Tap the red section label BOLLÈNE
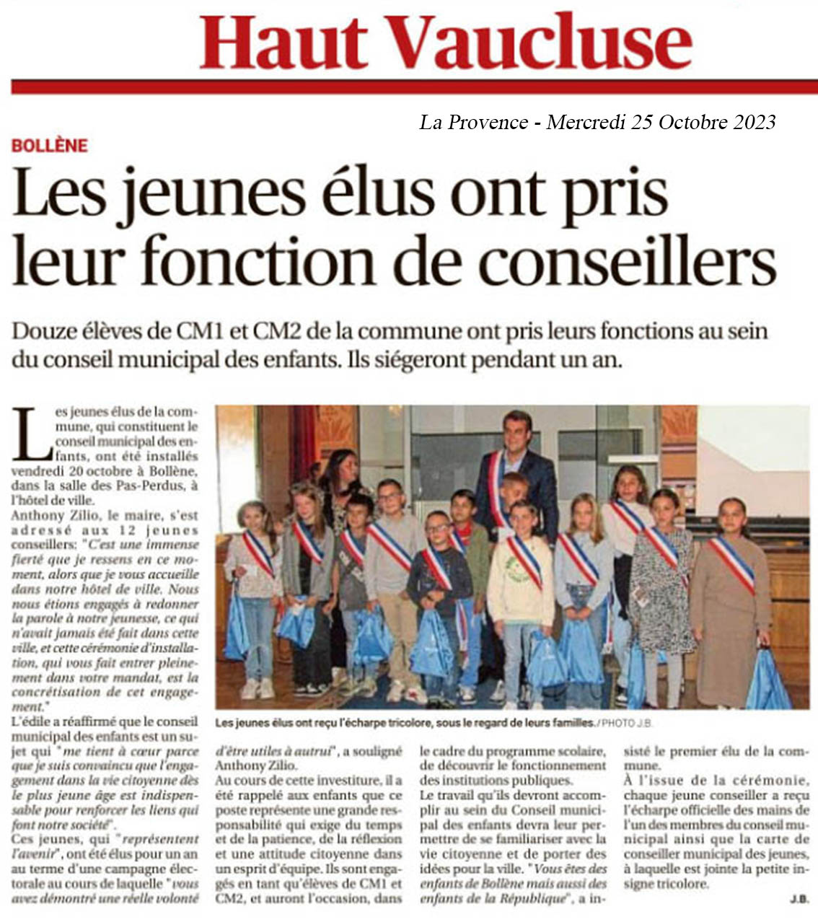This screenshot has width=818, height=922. pos(50,145)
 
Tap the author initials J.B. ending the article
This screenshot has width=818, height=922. pos(797,899)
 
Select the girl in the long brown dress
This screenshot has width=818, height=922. pos(730,599)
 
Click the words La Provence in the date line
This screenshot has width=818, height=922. pos(473,122)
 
